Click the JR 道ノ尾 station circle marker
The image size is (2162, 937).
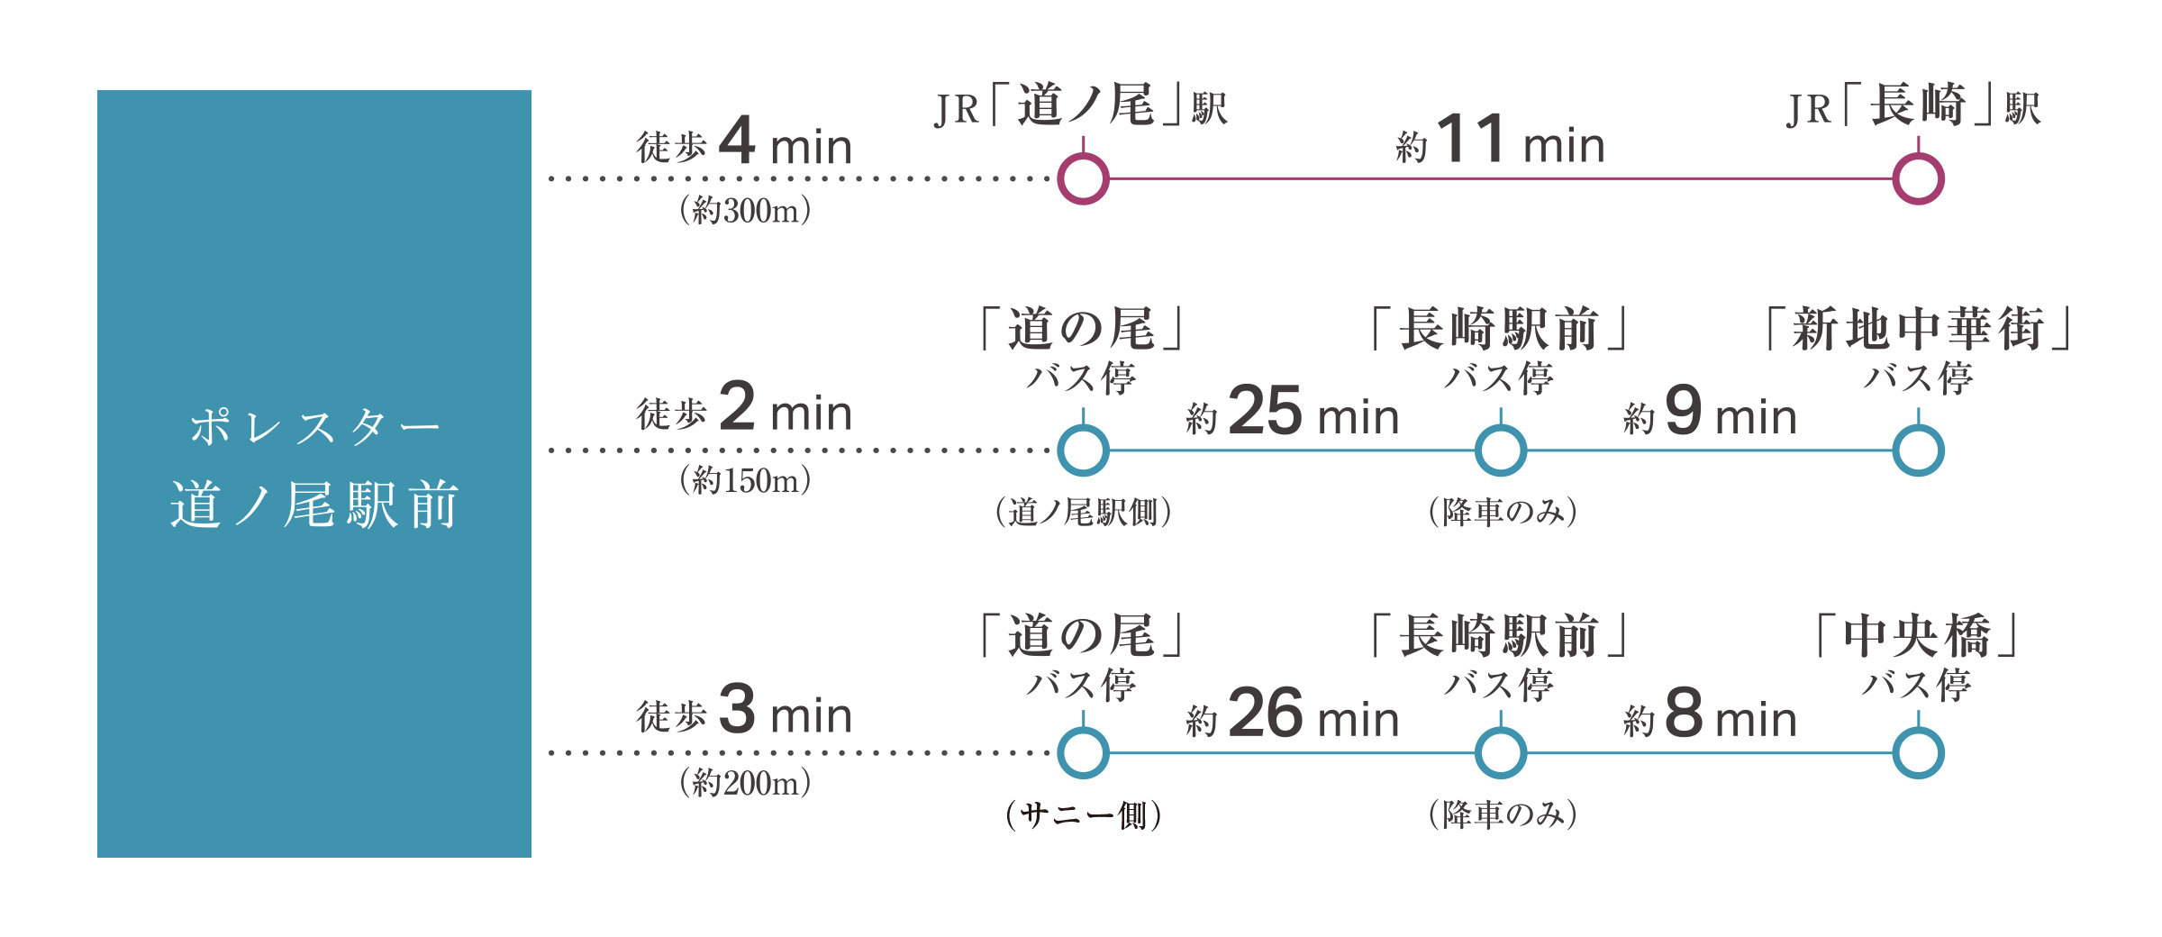coord(1083,179)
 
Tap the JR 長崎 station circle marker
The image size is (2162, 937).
coord(1918,179)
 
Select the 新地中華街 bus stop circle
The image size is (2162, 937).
coord(1918,450)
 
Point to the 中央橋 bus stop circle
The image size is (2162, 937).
coord(1918,753)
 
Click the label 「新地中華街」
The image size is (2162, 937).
coord(1918,329)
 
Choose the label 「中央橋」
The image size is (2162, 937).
coord(1917,636)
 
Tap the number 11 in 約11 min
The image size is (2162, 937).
coord(1471,140)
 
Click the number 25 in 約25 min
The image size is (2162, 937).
coord(1265,411)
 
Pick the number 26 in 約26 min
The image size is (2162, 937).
coord(1265,714)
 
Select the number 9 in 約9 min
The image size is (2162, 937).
coord(1684,411)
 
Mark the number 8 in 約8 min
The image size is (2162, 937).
coord(1684,714)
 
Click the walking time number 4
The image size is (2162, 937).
coord(737,141)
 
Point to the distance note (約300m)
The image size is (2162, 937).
coord(745,211)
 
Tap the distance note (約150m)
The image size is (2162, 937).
coord(745,481)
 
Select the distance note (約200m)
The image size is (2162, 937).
coord(745,783)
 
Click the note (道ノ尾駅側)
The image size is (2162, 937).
coord(1083,513)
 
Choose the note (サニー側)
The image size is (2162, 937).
coord(1083,815)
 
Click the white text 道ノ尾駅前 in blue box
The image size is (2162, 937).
coord(314,505)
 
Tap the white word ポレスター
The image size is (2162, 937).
coord(314,427)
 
